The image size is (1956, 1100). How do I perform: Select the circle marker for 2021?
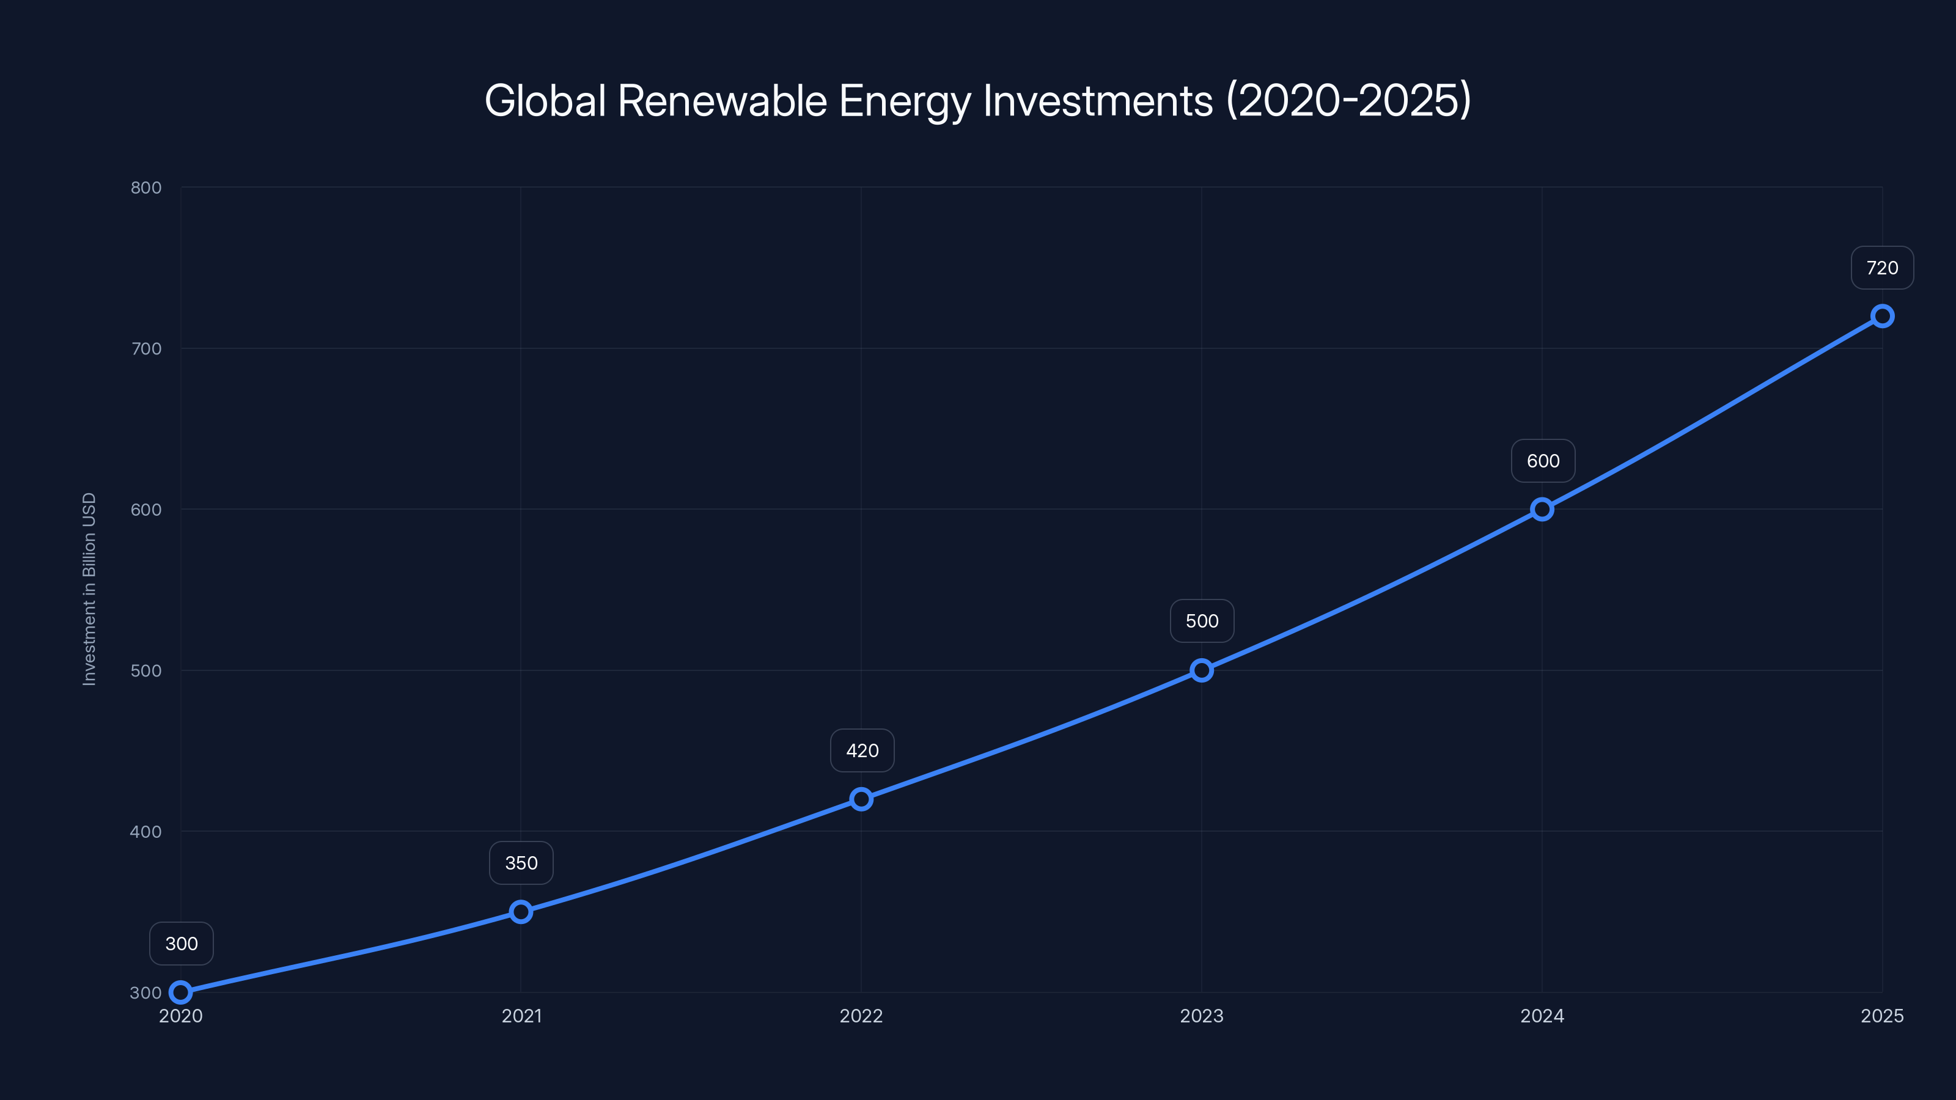coord(521,911)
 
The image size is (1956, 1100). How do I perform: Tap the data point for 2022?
coord(861,799)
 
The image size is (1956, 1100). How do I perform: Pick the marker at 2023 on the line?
coord(1201,670)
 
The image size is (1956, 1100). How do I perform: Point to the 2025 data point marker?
coord(1881,316)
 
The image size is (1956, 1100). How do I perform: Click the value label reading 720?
coord(1881,268)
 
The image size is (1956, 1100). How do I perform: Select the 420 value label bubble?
coord(862,751)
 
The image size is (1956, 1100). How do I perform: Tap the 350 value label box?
coord(521,863)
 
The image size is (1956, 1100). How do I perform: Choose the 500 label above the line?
coord(1202,621)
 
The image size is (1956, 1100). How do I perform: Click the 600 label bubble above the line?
coord(1543,461)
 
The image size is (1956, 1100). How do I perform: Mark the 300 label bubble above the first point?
coord(182,944)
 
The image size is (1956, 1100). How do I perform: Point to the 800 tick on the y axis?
coord(146,188)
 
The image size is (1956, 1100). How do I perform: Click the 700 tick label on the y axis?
coord(146,348)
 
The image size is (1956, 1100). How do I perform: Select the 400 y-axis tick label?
coord(146,831)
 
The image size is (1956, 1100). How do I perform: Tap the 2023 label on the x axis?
coord(1201,1016)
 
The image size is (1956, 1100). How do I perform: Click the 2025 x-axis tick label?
coord(1881,1016)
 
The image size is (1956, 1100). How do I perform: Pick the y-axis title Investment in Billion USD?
coord(89,589)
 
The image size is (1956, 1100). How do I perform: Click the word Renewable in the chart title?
coord(721,100)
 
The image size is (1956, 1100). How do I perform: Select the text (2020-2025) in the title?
coord(1348,100)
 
